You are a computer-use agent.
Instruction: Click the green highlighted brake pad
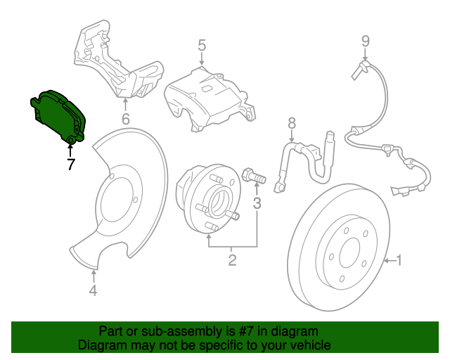click(58, 117)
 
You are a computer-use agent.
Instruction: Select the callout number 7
click(70, 165)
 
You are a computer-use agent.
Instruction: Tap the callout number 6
click(125, 119)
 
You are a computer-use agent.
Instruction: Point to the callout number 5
click(201, 46)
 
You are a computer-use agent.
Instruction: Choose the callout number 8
click(291, 124)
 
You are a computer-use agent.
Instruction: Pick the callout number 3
click(257, 204)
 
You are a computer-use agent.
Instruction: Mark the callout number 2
click(231, 262)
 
